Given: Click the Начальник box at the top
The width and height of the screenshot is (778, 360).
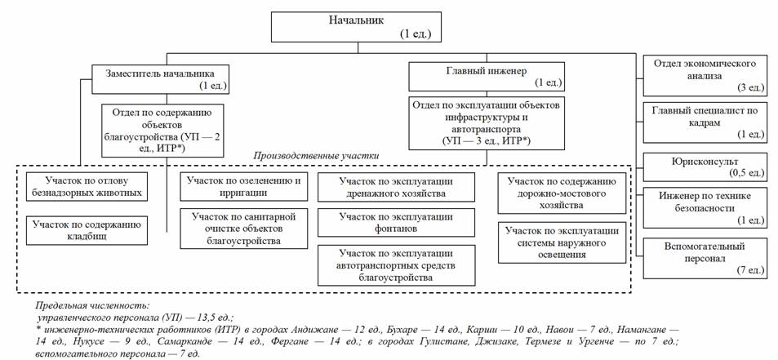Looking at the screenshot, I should [355, 27].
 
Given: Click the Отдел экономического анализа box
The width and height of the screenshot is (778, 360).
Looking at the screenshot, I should [705, 75].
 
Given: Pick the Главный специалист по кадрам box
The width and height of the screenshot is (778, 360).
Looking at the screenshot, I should [705, 122].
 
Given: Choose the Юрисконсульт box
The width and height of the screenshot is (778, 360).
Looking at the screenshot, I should [705, 166].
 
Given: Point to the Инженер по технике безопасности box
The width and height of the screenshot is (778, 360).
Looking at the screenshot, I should [705, 207].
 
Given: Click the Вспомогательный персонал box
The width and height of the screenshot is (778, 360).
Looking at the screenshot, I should [705, 258].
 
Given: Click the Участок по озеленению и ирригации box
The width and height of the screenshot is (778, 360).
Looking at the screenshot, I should [244, 185].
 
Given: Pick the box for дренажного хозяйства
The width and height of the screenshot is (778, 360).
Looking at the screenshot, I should [396, 186].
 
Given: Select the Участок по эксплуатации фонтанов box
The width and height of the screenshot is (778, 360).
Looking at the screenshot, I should [396, 222].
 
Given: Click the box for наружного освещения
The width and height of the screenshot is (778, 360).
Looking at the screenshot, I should [562, 242].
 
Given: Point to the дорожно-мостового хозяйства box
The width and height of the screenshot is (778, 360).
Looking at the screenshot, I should [562, 193].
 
